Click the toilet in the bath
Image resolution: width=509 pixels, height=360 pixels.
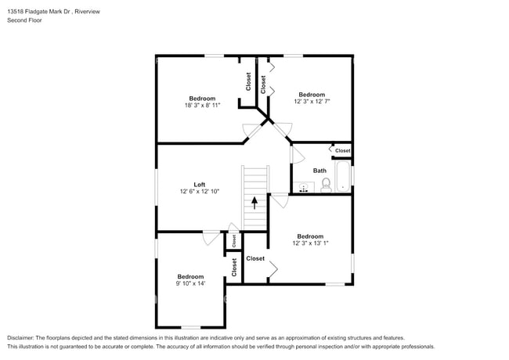pos(327,185)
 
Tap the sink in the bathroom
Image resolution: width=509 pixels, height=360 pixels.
pos(305,187)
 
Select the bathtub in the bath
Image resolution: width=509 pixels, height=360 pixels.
pos(344,175)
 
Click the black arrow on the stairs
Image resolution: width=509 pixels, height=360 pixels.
pos(254,203)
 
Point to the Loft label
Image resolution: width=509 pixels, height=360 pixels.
pos(199,185)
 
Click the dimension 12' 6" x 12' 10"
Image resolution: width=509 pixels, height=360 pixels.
pos(199,192)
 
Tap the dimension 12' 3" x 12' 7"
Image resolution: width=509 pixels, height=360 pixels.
pos(311,101)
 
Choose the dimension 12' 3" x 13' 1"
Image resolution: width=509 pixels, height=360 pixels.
pos(310,243)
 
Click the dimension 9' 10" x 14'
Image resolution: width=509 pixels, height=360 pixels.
pos(190,283)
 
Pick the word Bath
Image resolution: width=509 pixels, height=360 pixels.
pos(319,171)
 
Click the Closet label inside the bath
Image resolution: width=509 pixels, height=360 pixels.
pos(343,150)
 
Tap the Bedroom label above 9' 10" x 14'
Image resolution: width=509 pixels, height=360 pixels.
pos(190,276)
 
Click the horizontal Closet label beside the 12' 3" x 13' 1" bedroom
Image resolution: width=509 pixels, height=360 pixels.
pos(255,258)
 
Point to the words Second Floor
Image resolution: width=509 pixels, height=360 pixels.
pos(24,20)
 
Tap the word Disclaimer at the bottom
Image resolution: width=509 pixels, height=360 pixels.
pos(21,337)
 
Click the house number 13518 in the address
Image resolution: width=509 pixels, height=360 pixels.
pos(16,12)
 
